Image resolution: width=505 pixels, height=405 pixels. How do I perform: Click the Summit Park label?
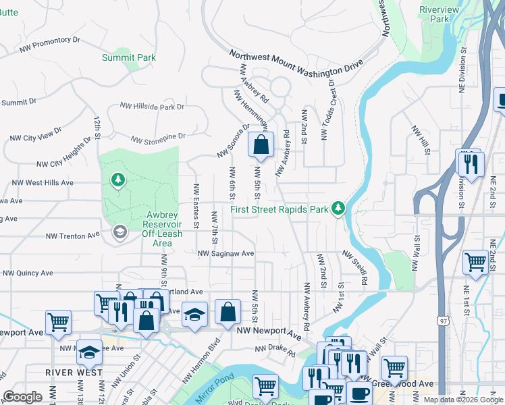pyautogui.click(x=128, y=57)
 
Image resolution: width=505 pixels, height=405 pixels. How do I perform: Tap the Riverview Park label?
pyautogui.click(x=439, y=14)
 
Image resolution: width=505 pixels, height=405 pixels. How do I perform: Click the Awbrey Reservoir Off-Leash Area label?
pyautogui.click(x=152, y=229)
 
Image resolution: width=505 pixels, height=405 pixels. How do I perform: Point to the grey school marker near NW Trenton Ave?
pyautogui.click(x=119, y=233)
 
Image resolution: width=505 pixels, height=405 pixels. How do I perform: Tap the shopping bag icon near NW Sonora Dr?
pyautogui.click(x=261, y=144)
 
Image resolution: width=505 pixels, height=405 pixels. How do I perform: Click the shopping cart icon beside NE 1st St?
pyautogui.click(x=475, y=261)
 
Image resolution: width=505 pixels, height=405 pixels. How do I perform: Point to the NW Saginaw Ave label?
pyautogui.click(x=225, y=254)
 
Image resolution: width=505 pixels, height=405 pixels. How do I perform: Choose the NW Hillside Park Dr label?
pyautogui.click(x=152, y=107)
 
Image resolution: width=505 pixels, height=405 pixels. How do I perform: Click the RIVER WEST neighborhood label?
pyautogui.click(x=74, y=373)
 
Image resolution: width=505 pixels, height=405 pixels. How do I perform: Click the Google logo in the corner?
pyautogui.click(x=22, y=397)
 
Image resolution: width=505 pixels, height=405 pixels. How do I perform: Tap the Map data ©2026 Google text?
pyautogui.click(x=463, y=400)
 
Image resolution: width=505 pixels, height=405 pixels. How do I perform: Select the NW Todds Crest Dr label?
pyautogui.click(x=327, y=113)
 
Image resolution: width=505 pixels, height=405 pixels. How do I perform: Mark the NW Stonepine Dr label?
pyautogui.click(x=157, y=138)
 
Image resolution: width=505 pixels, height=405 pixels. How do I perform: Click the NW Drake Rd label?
pyautogui.click(x=275, y=351)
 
